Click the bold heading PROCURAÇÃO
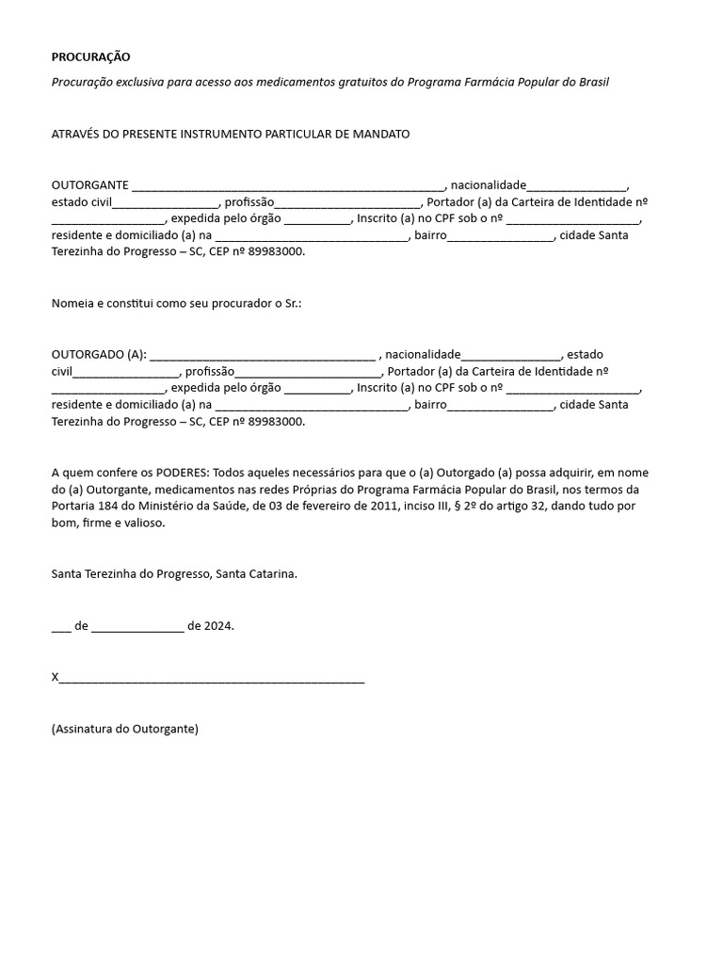coord(91,57)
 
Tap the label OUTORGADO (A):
coord(99,355)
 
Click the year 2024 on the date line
coord(219,625)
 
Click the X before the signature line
coord(56,677)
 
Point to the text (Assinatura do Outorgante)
coord(125,729)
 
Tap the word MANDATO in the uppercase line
coord(380,135)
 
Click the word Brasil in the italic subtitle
coord(591,82)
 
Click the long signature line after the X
coord(212,679)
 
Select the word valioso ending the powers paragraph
coord(145,523)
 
